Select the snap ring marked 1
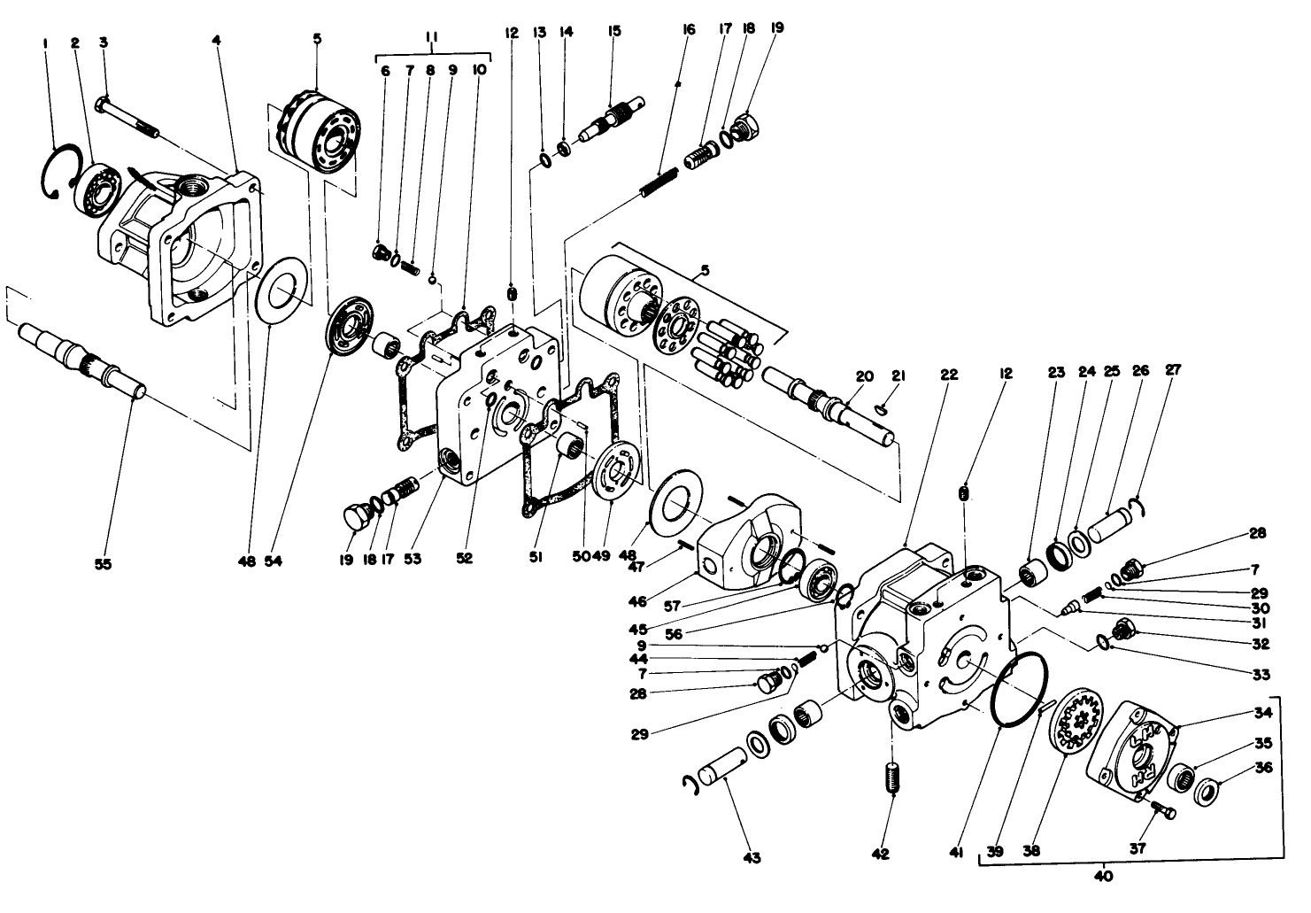[x=54, y=174]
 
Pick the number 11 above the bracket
[x=432, y=35]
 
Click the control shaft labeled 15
[x=610, y=120]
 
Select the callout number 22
[x=948, y=375]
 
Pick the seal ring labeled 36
[x=1205, y=790]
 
